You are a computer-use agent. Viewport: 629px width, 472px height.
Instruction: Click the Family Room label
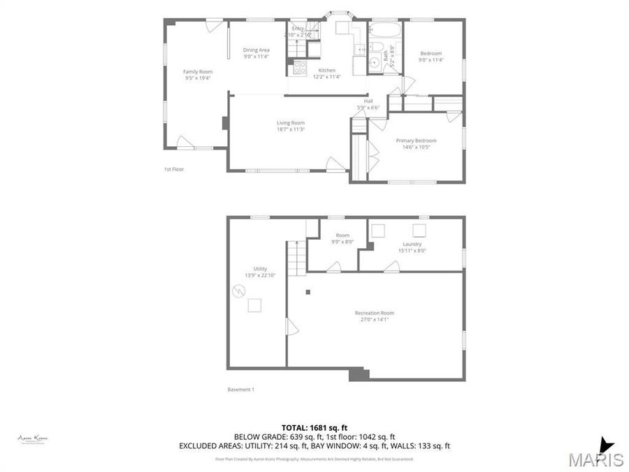coord(198,71)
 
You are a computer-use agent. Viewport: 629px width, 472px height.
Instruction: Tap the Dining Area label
coord(256,50)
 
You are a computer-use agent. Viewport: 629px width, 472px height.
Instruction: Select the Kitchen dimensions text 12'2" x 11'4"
coord(327,77)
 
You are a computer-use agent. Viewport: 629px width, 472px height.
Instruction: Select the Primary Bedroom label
coord(417,140)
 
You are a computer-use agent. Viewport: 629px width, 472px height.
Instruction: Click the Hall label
coord(368,101)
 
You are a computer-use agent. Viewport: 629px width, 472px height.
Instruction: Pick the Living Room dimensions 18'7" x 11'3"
coord(291,129)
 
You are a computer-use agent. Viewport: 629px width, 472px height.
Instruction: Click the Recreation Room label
coord(375,313)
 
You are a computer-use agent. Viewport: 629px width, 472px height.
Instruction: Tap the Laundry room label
coord(412,244)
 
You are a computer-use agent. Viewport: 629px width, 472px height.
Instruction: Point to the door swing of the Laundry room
coord(391,266)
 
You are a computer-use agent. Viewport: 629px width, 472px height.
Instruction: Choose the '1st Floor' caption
coord(173,169)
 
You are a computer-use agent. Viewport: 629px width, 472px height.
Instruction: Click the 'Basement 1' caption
coord(241,389)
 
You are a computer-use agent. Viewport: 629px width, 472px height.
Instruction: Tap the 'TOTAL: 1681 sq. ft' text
coord(314,427)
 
